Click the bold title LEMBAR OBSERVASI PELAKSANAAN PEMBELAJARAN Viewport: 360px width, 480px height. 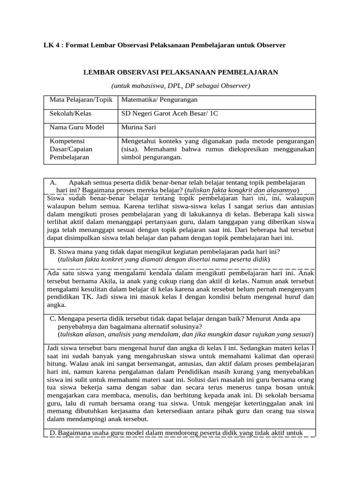point(180,72)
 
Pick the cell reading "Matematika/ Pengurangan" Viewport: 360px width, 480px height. point(159,100)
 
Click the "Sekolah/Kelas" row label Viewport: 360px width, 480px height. point(71,113)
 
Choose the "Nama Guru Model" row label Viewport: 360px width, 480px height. point(77,127)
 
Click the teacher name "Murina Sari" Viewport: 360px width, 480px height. point(138,127)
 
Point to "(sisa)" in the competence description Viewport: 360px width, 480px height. point(131,149)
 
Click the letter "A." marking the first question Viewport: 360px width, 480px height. point(53,182)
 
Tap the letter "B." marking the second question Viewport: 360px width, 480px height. point(53,251)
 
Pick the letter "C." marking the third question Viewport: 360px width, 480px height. point(53,318)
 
